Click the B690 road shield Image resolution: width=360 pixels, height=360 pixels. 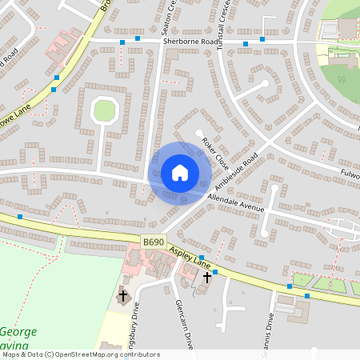click(x=152, y=241)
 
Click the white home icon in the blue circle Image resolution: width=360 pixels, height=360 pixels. click(x=179, y=172)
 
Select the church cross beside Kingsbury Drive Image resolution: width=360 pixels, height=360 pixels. click(x=123, y=296)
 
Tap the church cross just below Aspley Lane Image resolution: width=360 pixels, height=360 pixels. click(x=207, y=278)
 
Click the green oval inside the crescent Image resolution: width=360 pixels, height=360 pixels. click(x=105, y=110)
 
